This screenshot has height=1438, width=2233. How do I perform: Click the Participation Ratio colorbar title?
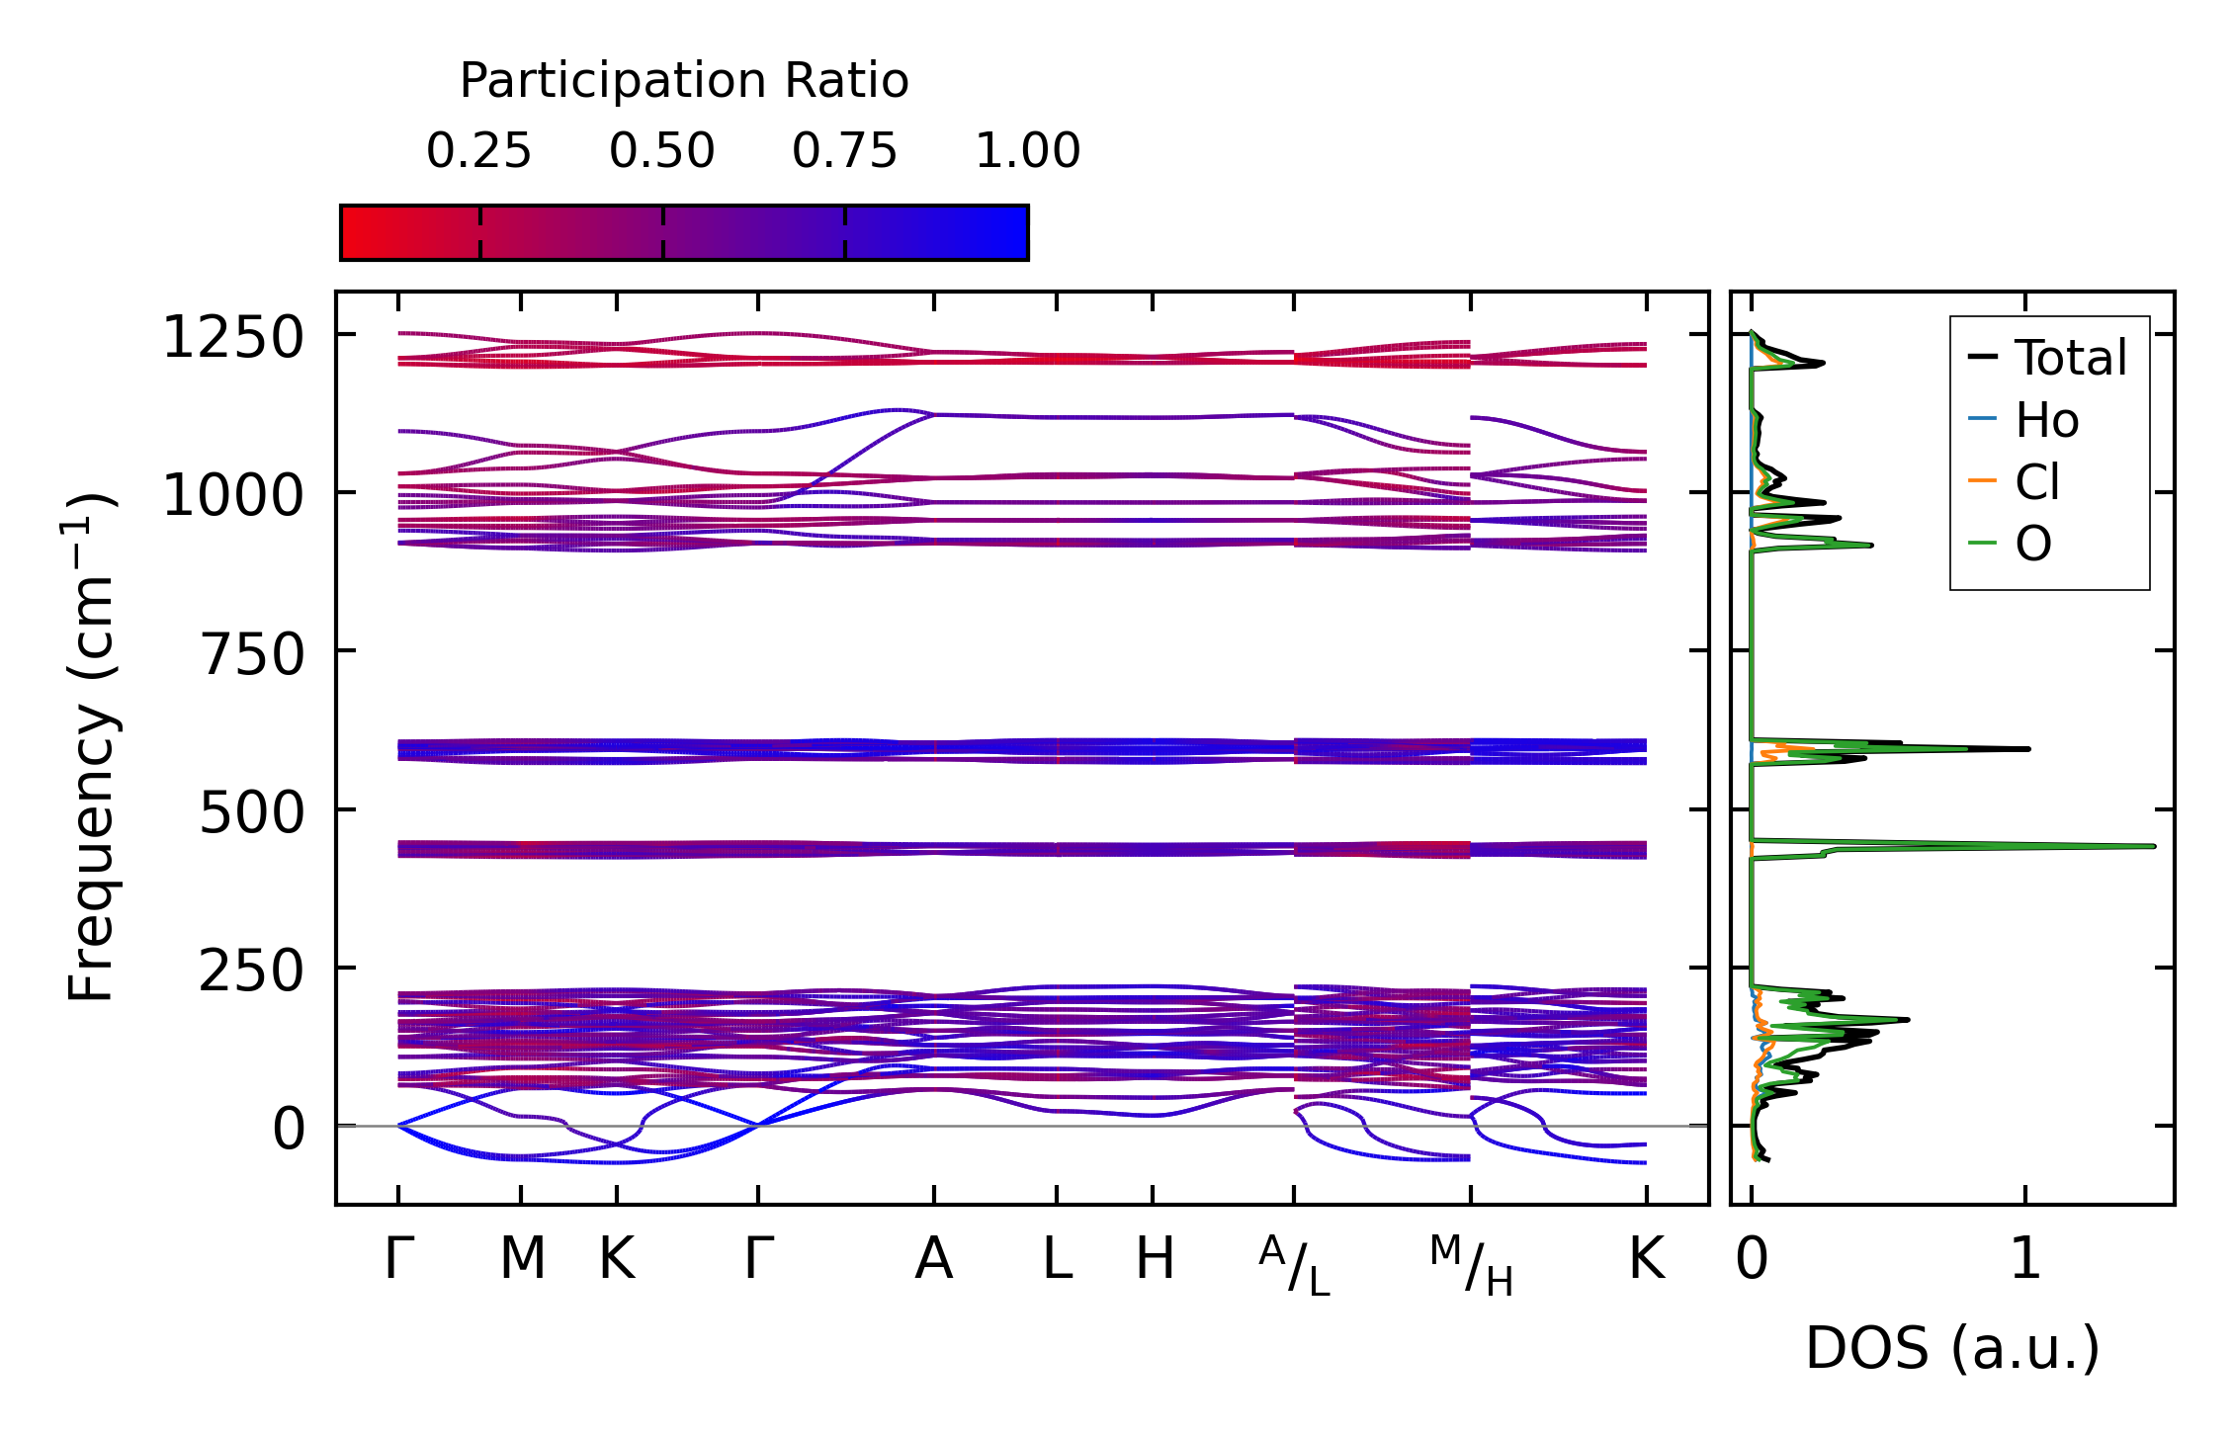tap(684, 81)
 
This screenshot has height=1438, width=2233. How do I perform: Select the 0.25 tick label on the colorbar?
tap(478, 151)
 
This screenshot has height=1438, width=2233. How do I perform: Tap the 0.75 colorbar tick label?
tap(844, 151)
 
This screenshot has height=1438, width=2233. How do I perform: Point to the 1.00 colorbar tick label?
tap(1027, 151)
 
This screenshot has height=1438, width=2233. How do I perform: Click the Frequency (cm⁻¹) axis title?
tap(92, 748)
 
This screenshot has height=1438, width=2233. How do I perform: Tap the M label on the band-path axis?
tap(522, 1259)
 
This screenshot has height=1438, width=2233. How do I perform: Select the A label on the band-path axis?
tap(934, 1259)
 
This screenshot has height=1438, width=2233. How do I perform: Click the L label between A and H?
tap(1057, 1259)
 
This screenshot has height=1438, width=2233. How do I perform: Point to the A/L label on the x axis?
tap(1294, 1266)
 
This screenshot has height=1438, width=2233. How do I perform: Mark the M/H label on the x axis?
tap(1471, 1266)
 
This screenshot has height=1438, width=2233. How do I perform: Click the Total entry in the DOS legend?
tap(2070, 358)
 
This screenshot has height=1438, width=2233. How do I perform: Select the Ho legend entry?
tap(2046, 421)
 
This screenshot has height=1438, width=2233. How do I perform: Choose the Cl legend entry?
tap(2037, 483)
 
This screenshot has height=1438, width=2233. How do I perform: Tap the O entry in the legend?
tap(2032, 545)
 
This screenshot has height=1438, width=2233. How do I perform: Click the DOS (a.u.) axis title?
tap(1952, 1348)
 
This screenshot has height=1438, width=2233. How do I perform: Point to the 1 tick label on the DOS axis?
tap(2025, 1259)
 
